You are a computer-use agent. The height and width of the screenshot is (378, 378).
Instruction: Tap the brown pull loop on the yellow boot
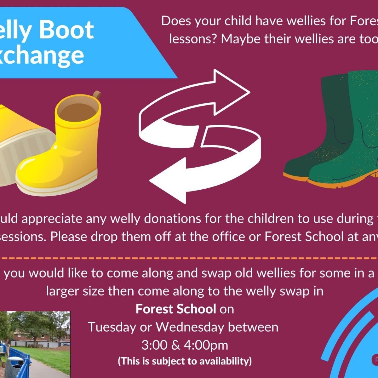(x=97, y=95)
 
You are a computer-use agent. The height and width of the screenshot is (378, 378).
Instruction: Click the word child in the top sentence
(x=239, y=21)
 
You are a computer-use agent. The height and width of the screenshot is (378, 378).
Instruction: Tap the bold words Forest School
(x=176, y=309)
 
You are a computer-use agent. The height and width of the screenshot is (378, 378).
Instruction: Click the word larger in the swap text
(x=63, y=291)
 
